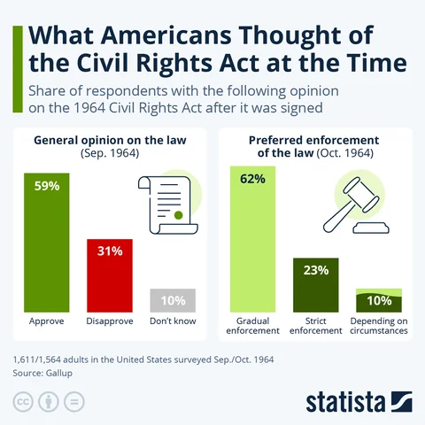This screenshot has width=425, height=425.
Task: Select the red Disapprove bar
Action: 109,274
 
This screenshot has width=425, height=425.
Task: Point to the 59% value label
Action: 46,188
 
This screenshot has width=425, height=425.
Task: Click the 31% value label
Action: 109,251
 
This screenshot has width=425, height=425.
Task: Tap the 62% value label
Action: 253,181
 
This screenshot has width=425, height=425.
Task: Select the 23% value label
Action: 316,271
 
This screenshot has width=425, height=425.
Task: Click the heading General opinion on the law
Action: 109,140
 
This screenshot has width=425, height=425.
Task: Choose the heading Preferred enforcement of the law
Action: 315,145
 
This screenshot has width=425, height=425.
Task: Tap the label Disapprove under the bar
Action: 109,321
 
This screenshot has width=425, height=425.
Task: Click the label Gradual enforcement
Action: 253,325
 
